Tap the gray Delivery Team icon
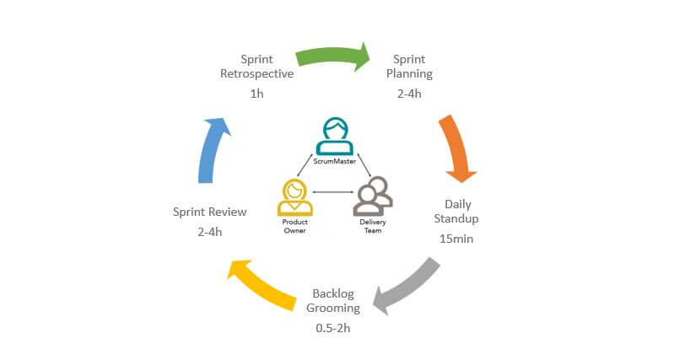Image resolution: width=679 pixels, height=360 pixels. coord(372,196)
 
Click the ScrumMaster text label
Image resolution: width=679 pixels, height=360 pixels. coord(335,159)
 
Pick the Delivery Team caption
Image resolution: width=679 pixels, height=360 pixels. coord(372,225)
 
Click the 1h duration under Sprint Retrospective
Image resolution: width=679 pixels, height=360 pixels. coord(256,94)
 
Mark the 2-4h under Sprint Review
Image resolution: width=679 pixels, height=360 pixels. coord(209,232)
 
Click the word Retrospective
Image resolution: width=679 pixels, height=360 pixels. coord(256,74)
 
